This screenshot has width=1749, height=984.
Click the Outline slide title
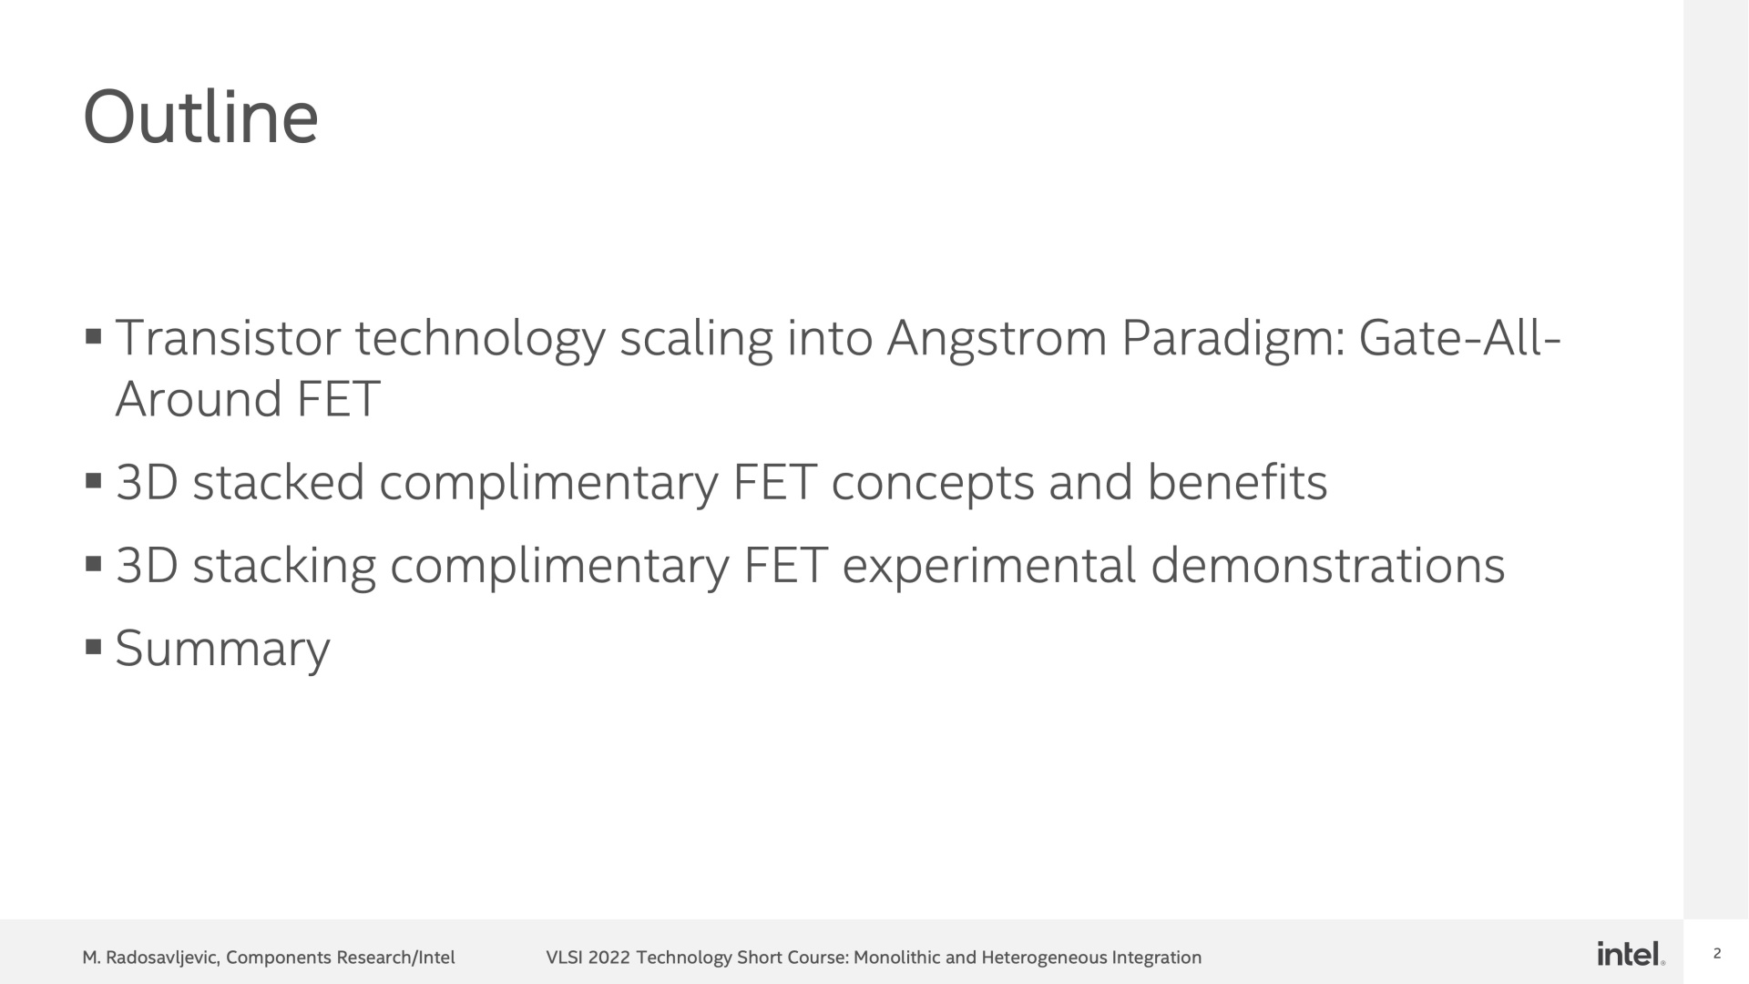(200, 118)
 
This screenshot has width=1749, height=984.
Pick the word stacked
(279, 482)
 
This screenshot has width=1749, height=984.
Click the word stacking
(284, 567)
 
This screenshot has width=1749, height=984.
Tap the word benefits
(1237, 482)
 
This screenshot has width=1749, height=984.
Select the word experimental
(989, 567)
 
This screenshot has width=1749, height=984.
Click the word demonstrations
(1328, 566)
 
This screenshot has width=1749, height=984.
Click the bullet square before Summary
(93, 648)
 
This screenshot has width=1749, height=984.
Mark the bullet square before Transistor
(93, 337)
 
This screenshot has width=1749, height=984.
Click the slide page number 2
(1717, 954)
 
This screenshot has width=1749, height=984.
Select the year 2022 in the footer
(609, 958)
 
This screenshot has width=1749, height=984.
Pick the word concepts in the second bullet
(933, 484)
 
